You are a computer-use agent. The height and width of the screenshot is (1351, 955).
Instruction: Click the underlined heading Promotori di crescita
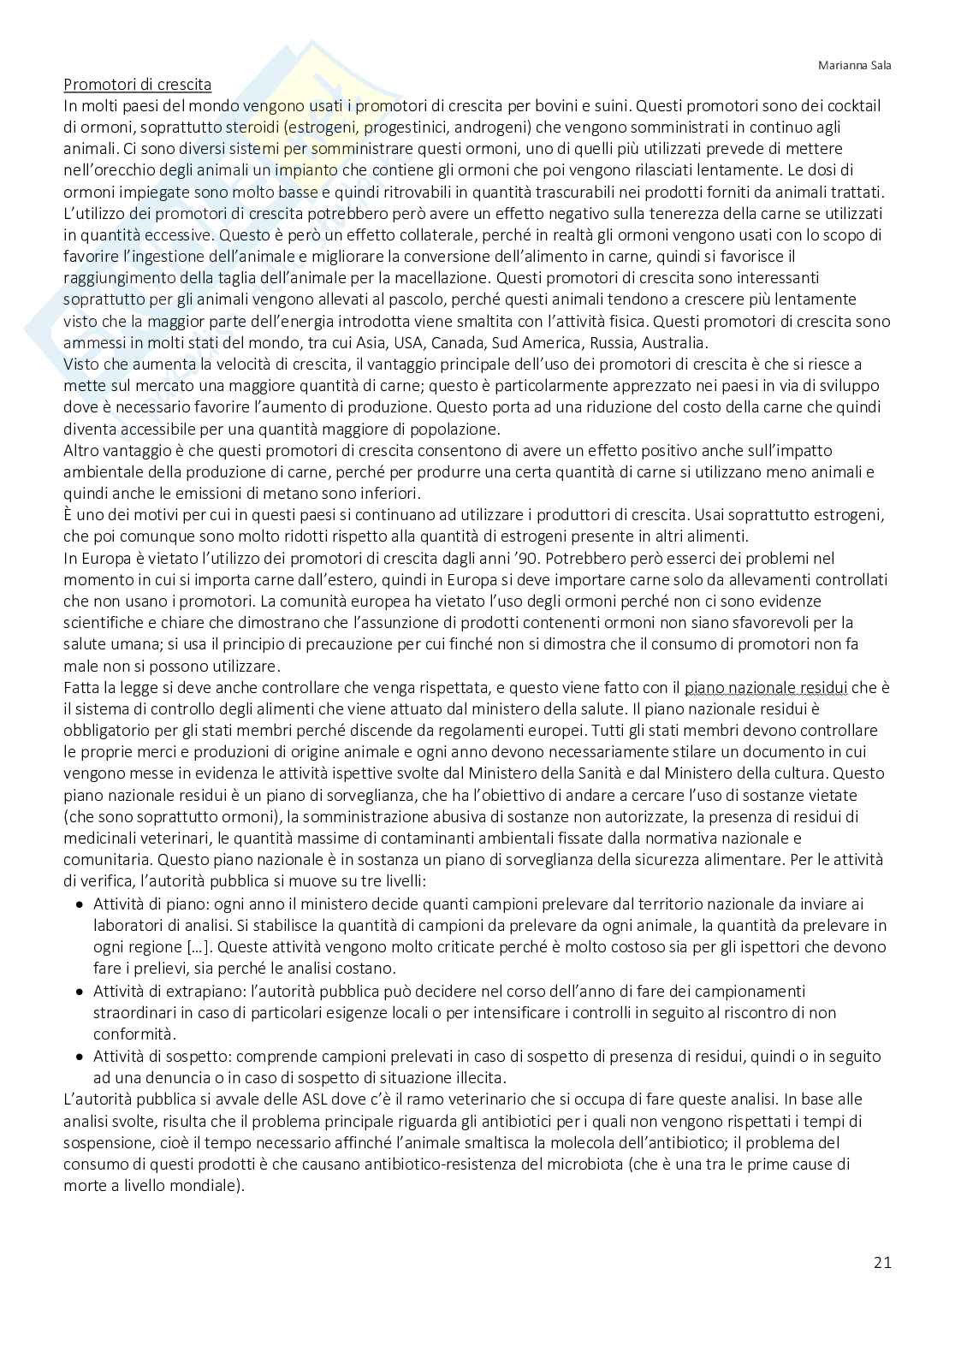[x=137, y=85]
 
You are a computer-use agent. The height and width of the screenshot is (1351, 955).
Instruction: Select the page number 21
[x=882, y=1262]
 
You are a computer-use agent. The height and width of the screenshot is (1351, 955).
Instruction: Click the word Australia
[x=672, y=343]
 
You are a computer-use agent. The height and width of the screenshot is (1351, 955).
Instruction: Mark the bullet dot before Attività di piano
[x=80, y=904]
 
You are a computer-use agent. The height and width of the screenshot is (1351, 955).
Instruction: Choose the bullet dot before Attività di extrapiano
[x=80, y=992]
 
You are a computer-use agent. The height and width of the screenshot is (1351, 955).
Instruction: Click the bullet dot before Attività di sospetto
[x=80, y=1057]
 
